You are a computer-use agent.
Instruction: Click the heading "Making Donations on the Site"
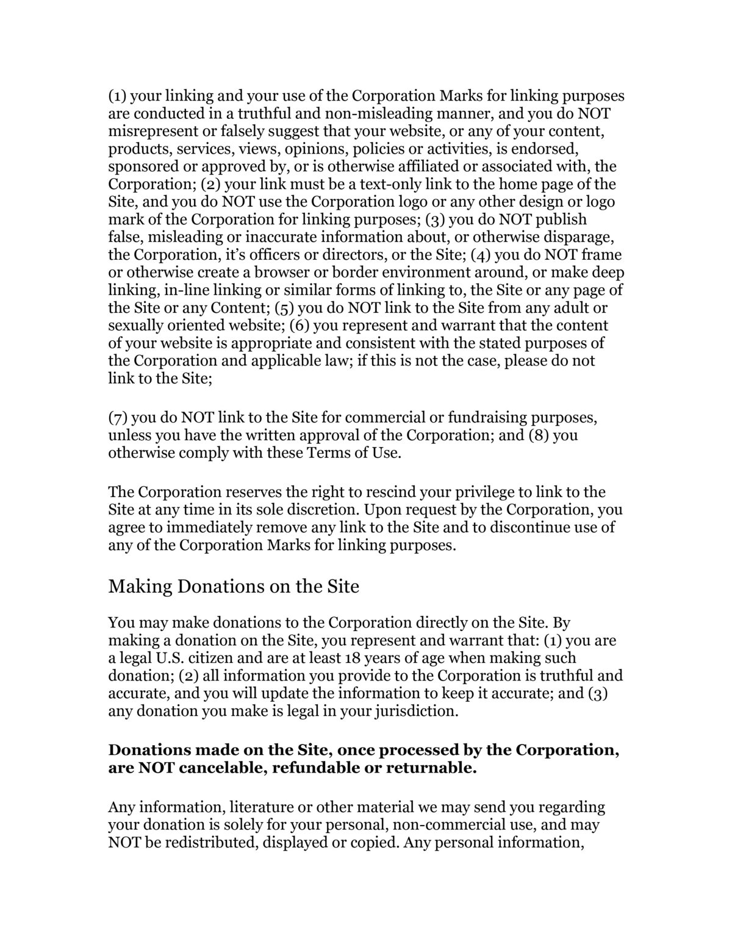[234, 587]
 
